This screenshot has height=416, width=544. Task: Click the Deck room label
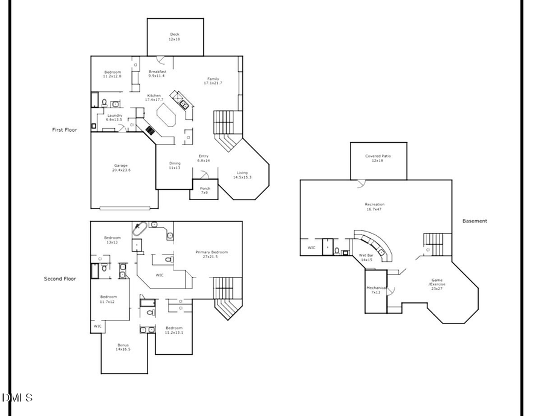[174, 37]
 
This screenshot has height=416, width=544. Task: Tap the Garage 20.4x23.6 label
[121, 167]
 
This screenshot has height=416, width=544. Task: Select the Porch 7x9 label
[205, 190]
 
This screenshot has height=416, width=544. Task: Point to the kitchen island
[166, 115]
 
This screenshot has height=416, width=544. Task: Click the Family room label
[213, 80]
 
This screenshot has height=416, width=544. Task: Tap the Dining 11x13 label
[175, 165]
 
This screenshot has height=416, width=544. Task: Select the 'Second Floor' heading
[60, 279]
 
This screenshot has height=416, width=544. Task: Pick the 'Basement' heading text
[474, 221]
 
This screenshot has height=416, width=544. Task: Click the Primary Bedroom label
[211, 254]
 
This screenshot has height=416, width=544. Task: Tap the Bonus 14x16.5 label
[123, 347]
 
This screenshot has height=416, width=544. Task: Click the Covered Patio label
[378, 158]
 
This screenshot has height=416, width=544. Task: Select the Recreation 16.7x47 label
[374, 207]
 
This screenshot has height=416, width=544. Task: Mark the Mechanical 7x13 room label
[377, 290]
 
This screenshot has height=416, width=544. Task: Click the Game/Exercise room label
[438, 284]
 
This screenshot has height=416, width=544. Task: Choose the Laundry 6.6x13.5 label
[114, 117]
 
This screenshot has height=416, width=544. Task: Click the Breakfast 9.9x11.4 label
[157, 74]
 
